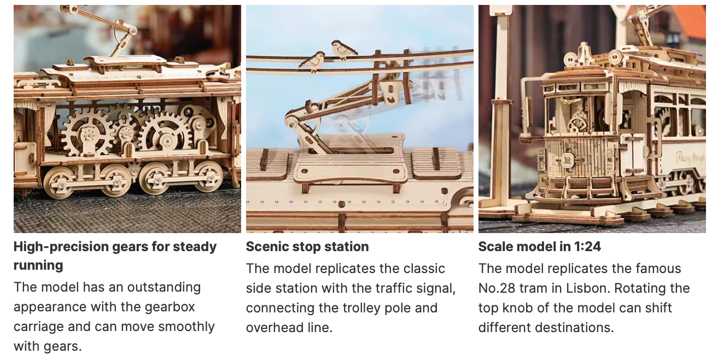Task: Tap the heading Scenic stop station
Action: [x=307, y=247]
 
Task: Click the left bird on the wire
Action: [x=313, y=60]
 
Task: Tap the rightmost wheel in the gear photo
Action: [x=208, y=176]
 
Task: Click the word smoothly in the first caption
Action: [x=186, y=327]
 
